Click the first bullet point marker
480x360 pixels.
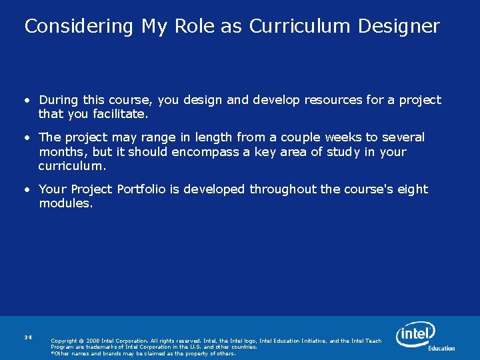point(28,101)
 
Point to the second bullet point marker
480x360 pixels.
point(28,138)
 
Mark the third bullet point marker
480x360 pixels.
point(28,190)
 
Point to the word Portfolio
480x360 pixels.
point(141,189)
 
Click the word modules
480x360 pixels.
point(65,203)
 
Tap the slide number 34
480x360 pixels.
point(27,337)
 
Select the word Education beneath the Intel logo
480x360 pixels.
point(441,348)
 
